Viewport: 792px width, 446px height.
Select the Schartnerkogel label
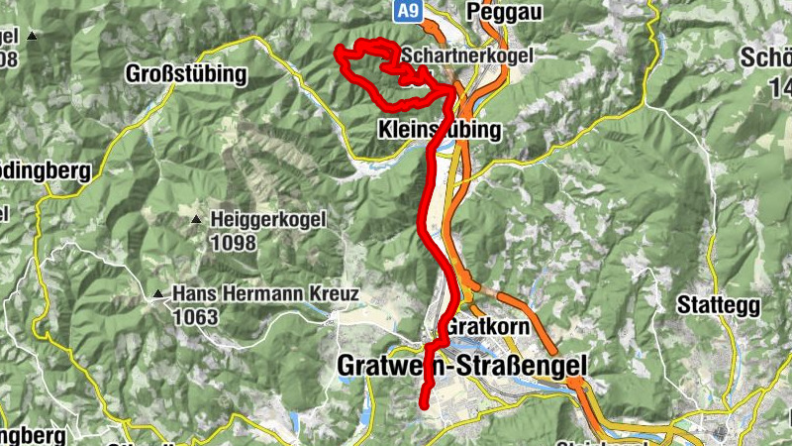point(466,56)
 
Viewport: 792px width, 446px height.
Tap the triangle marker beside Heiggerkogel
point(196,219)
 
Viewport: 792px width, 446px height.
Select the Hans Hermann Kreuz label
point(266,294)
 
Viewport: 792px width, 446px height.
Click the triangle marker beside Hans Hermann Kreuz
point(156,293)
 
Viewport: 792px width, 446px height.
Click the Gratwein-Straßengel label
point(461,366)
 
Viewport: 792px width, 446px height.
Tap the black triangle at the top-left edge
point(32,37)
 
